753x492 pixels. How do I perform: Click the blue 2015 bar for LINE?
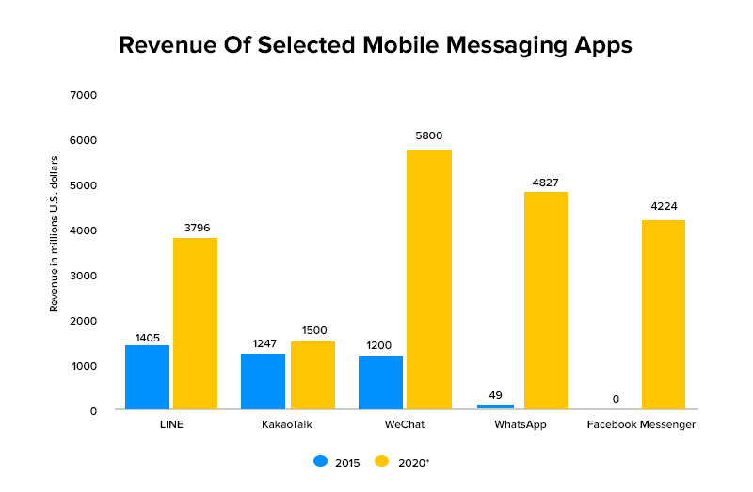[x=147, y=377]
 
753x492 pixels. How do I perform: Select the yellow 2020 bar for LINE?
[x=195, y=324]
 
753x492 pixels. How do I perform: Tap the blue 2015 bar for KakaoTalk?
[x=263, y=381]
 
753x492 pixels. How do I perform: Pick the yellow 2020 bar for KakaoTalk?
[x=312, y=375]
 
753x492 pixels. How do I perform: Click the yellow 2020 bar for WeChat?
[x=428, y=279]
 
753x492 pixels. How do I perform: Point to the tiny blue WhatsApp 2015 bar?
[x=495, y=406]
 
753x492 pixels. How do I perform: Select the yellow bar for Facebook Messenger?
[x=663, y=314]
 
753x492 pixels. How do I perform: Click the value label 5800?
[x=428, y=135]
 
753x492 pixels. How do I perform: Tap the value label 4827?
[x=545, y=183]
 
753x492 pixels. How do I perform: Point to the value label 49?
[x=496, y=395]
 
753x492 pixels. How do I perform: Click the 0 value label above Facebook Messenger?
[x=616, y=399]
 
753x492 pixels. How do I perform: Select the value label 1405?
[x=147, y=336]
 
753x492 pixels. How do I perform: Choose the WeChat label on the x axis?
[x=405, y=425]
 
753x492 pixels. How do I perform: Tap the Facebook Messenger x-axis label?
[x=641, y=425]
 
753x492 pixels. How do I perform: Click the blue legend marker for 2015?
[x=321, y=461]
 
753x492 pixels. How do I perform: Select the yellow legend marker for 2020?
[x=381, y=461]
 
